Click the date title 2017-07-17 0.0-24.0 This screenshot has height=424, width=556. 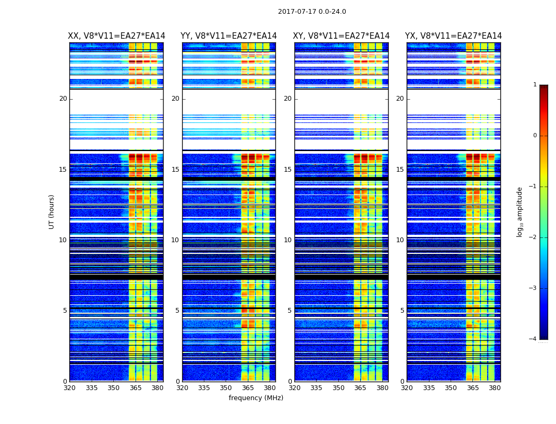312,12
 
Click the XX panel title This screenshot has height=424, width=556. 116,36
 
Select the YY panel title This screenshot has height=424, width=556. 229,36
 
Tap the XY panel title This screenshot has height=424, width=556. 342,36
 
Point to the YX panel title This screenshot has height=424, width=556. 453,36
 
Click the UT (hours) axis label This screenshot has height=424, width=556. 51,211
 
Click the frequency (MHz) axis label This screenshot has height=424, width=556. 256,398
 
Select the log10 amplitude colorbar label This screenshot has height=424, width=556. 520,211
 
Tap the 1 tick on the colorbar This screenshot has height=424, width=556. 534,85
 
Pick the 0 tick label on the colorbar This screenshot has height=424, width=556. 534,136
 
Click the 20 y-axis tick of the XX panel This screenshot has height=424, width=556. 63,99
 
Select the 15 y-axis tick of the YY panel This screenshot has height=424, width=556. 175,170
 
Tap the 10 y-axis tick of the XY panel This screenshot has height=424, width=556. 288,240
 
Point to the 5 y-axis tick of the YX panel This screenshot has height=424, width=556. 402,311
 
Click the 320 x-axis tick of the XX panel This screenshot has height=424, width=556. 69,387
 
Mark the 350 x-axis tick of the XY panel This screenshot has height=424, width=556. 338,387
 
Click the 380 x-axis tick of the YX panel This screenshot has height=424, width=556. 495,387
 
